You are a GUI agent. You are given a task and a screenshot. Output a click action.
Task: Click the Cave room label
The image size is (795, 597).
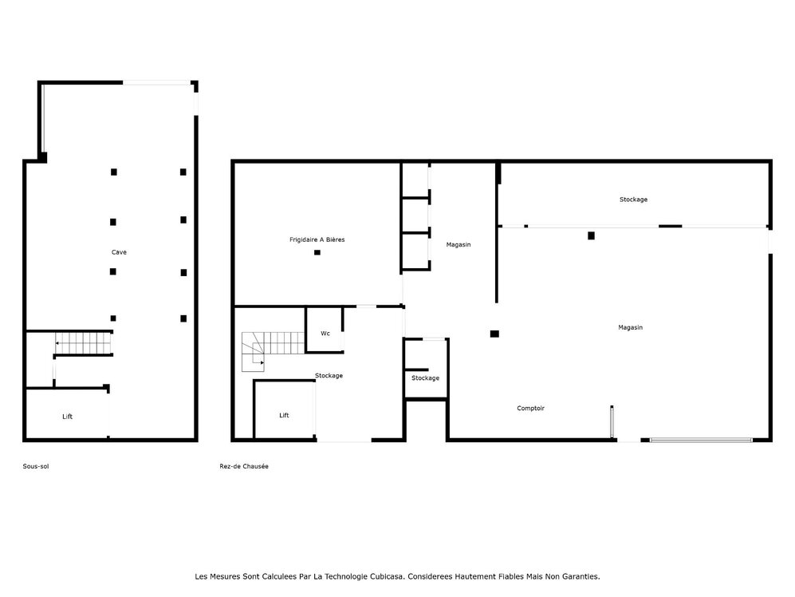point(119,252)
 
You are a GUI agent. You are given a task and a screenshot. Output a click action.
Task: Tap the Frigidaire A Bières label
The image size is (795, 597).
point(317,239)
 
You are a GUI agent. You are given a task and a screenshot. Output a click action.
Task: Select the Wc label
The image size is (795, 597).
point(325,333)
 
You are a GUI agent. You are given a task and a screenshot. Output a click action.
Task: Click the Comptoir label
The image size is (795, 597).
point(530,408)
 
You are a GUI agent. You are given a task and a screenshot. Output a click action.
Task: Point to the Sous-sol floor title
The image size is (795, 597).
point(36,466)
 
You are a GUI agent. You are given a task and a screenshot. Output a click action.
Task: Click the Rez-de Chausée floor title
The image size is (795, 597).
point(244,466)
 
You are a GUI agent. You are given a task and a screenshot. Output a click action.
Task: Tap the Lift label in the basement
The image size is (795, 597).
point(68,417)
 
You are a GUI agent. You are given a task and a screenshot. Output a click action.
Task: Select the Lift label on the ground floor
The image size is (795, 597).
point(284,415)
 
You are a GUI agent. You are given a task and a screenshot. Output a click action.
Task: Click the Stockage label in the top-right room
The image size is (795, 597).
point(633,199)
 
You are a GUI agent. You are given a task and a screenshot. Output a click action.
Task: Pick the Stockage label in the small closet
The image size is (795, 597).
point(425,378)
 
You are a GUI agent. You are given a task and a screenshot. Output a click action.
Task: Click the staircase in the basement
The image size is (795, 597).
point(83,344)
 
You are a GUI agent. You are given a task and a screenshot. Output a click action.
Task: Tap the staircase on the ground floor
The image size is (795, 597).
point(255,353)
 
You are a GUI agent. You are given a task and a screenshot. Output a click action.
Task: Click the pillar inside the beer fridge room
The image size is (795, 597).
point(317,253)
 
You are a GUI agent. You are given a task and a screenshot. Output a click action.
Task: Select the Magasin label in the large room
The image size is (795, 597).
point(630,327)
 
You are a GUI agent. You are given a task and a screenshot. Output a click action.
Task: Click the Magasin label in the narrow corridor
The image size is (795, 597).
point(458,244)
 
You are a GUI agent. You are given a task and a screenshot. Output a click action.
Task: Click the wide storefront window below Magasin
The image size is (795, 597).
point(701,439)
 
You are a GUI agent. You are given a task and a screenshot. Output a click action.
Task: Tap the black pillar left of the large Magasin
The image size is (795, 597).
point(494,334)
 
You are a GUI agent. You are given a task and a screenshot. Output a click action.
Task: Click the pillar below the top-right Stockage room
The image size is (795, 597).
point(591,235)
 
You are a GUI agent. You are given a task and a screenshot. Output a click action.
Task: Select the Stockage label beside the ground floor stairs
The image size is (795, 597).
point(329,375)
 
